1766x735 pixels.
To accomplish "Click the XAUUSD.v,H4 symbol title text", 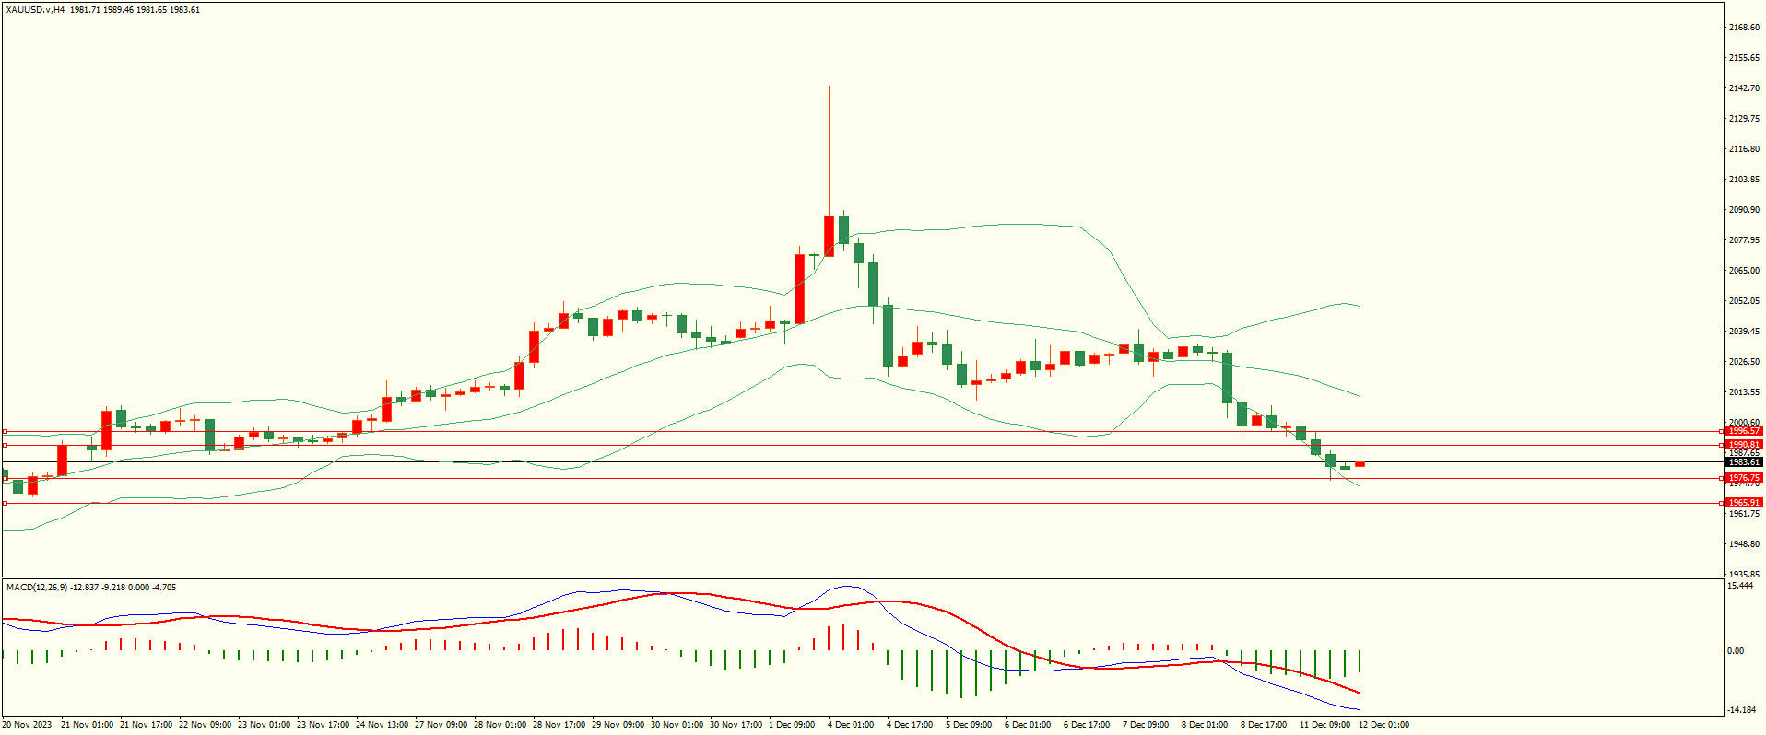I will tap(35, 10).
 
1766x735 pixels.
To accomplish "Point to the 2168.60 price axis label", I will tap(1744, 28).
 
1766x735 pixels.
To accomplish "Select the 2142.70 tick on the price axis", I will tap(1744, 88).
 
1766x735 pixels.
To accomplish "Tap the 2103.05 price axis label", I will tap(1744, 180).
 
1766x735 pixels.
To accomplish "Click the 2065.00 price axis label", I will tap(1744, 271).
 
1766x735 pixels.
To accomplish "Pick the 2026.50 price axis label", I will tap(1744, 362).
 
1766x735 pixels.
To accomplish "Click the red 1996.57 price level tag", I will tap(1744, 431).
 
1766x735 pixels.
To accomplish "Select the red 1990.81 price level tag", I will tap(1744, 445).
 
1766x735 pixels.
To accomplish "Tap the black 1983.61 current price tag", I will tap(1744, 462).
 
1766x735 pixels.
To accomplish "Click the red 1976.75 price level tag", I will tap(1744, 478).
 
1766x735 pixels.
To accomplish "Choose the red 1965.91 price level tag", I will tap(1744, 503).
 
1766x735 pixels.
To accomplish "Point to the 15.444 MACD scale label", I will tap(1740, 586).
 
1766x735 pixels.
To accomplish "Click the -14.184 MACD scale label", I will tap(1740, 710).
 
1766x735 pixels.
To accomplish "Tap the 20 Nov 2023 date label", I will tap(29, 725).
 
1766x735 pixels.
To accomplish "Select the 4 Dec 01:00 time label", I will tap(851, 725).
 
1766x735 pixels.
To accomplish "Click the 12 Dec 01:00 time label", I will tap(1383, 725).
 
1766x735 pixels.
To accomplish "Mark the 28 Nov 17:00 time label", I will tap(559, 725).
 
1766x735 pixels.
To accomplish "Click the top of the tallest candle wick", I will tap(829, 87).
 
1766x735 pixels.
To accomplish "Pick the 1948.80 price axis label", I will tap(1744, 544).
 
